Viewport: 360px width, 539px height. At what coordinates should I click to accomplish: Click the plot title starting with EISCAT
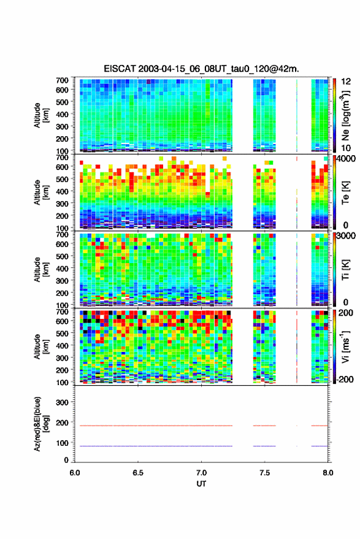[x=202, y=69]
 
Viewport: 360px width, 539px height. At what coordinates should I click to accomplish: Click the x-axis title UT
[x=202, y=484]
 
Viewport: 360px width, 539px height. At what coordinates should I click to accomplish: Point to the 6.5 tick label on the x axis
[x=138, y=473]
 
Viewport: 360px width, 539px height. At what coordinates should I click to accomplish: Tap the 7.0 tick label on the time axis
[x=202, y=473]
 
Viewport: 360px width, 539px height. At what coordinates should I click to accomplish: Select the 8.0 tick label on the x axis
[x=327, y=473]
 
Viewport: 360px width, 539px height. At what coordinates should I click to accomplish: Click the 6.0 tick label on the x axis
[x=75, y=473]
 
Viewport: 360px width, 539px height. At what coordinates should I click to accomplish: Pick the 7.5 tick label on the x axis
[x=264, y=473]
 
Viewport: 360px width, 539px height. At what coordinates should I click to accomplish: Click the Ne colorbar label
[x=345, y=115]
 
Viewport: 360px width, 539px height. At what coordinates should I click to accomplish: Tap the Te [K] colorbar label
[x=345, y=193]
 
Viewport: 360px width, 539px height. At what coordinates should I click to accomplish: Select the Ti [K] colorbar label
[x=345, y=270]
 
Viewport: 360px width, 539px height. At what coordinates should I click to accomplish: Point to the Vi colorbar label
[x=345, y=346]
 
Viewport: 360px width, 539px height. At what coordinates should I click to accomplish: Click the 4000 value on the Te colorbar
[x=347, y=159]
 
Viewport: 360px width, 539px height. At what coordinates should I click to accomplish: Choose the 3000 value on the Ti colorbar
[x=347, y=236]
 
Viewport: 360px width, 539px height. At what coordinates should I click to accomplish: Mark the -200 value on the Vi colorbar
[x=344, y=379]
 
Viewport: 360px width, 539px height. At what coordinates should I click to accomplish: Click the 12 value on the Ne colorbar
[x=346, y=82]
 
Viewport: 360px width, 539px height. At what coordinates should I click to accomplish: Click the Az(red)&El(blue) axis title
[x=41, y=424]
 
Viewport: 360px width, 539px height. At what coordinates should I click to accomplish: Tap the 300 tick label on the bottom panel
[x=62, y=402]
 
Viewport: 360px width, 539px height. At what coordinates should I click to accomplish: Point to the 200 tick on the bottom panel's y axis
[x=62, y=422]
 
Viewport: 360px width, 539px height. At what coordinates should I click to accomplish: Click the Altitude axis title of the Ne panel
[x=41, y=115]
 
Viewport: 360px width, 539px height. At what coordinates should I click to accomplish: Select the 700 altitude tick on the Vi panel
[x=62, y=312]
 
